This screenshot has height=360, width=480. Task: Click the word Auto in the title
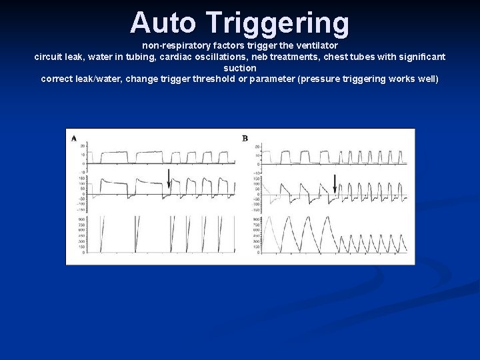(x=164, y=23)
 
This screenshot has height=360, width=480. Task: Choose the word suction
(x=240, y=68)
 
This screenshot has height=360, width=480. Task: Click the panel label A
(x=73, y=138)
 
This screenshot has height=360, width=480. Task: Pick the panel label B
(x=245, y=138)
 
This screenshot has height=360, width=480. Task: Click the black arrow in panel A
(x=169, y=177)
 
